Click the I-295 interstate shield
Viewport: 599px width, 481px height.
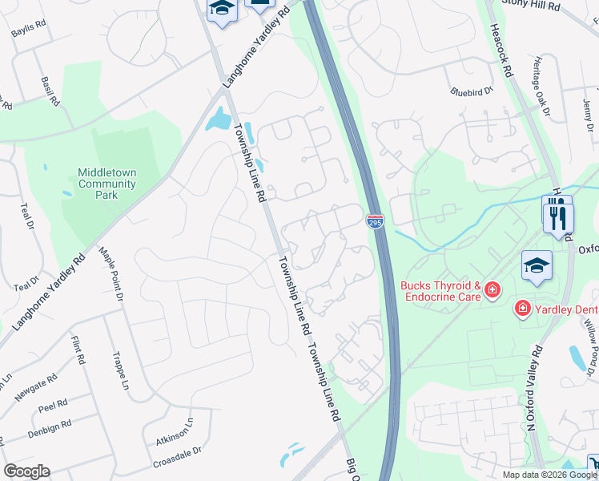point(375,221)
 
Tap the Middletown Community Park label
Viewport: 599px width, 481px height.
point(107,183)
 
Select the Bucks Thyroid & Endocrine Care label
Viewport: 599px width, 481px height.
point(440,291)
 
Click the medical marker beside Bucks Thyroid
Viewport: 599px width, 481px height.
point(493,289)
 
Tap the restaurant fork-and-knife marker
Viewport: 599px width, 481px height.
point(557,217)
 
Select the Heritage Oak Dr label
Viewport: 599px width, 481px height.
point(541,87)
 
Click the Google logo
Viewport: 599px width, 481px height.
point(26,471)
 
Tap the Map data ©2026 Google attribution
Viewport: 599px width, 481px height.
point(549,475)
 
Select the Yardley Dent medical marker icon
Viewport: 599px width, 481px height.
point(523,307)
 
